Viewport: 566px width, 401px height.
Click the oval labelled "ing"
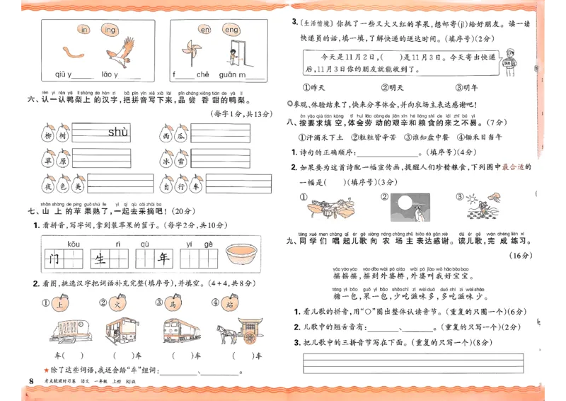110,30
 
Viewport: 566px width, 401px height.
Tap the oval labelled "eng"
231,30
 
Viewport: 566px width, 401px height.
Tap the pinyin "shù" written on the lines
118,132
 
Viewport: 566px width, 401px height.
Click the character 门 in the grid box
54,258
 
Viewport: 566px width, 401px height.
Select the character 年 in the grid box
163,258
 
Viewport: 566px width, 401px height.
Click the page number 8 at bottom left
30,383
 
